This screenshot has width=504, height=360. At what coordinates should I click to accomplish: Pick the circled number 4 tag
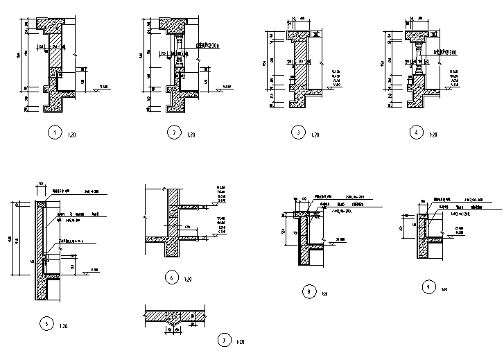pyautogui.click(x=415, y=132)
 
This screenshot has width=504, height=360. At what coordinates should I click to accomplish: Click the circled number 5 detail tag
pyautogui.click(x=46, y=324)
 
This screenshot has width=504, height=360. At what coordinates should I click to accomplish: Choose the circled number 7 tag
pyautogui.click(x=223, y=340)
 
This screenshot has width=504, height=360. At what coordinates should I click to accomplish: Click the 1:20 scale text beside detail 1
pyautogui.click(x=72, y=135)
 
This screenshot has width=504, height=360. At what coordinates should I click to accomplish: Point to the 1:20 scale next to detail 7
pyautogui.click(x=240, y=342)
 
